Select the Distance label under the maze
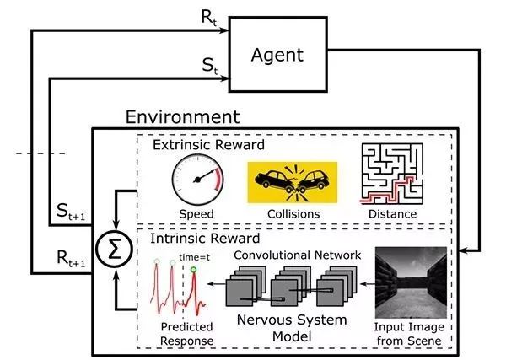click(391, 214)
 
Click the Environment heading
click(181, 117)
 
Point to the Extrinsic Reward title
click(208, 145)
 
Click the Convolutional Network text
click(297, 254)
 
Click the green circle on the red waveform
click(195, 271)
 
